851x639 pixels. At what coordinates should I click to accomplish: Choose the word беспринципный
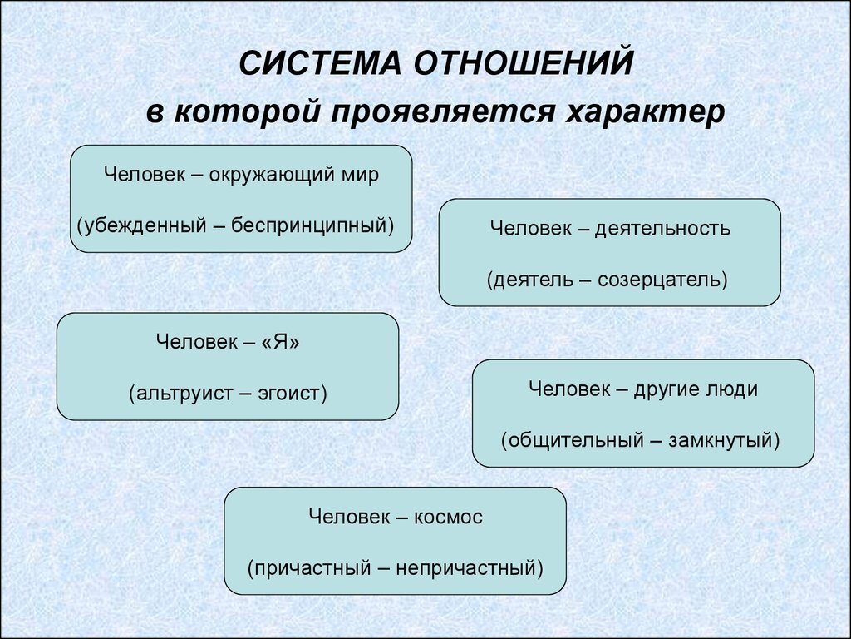coord(312,224)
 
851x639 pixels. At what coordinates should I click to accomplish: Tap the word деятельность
coord(662,229)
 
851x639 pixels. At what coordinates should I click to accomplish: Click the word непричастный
coord(468,568)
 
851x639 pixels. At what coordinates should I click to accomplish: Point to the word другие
coord(666,389)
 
